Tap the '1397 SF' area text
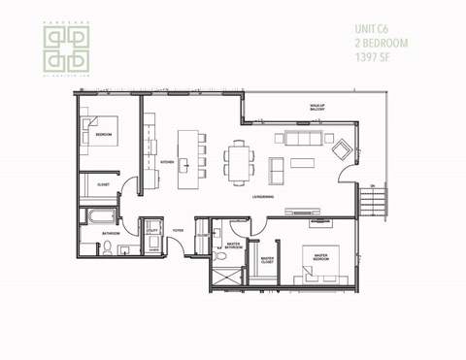(373, 53)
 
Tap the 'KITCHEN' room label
(166, 163)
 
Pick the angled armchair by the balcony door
(341, 150)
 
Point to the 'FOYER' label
(179, 230)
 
